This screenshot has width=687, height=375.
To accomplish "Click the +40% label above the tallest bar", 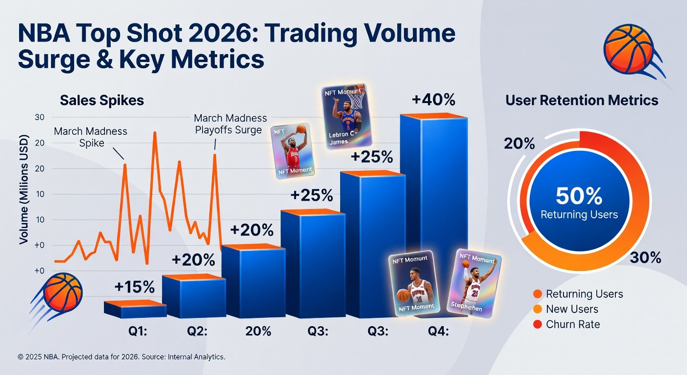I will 433,100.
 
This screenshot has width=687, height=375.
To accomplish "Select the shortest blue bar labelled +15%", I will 135,310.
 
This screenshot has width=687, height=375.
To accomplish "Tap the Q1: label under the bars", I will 137,331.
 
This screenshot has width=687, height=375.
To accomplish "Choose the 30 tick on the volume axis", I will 40,117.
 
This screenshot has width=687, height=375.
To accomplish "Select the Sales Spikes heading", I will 102,101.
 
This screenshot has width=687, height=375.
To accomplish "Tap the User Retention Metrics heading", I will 582,101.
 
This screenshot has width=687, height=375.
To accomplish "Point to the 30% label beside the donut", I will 645,258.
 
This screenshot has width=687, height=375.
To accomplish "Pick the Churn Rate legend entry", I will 573,324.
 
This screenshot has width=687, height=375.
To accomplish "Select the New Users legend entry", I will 572,309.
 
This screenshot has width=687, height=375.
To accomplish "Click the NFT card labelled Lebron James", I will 343,117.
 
